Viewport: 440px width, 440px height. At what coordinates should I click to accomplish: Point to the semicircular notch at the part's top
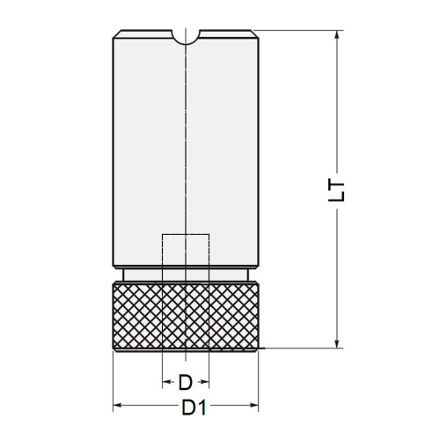coord(186,36)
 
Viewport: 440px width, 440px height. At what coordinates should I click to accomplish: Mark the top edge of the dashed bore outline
coord(186,235)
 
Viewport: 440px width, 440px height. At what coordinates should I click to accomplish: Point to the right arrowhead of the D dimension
coord(205,383)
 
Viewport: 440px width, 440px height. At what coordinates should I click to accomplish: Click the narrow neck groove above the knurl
coord(186,274)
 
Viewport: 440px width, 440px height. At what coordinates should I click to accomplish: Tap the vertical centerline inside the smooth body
coord(186,132)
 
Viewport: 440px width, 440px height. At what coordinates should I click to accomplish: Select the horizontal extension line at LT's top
coord(299,31)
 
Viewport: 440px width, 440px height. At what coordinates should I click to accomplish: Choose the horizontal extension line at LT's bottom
coord(299,349)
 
